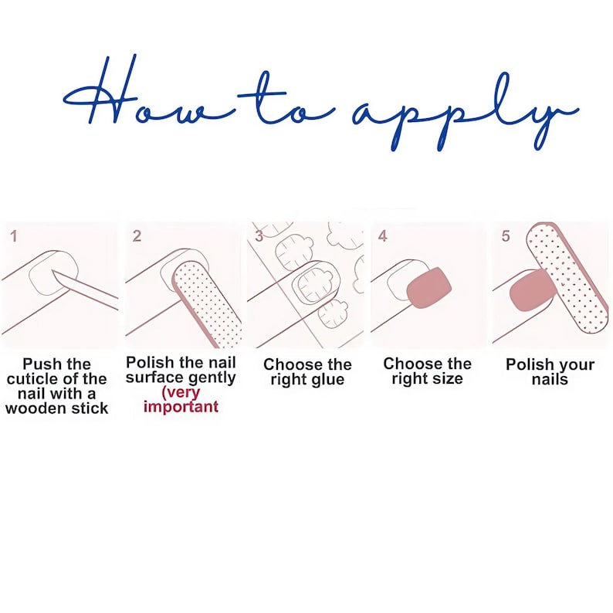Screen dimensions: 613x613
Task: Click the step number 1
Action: tap(14, 236)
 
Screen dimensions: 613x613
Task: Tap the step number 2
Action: tap(137, 236)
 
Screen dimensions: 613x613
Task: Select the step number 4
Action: tap(382, 236)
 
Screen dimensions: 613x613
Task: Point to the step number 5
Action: tap(506, 236)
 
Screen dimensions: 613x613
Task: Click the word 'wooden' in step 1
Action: tap(32, 408)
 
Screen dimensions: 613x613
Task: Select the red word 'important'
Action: tap(181, 407)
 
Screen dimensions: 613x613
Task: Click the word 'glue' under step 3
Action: tap(327, 380)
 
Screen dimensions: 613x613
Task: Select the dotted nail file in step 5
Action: tap(567, 279)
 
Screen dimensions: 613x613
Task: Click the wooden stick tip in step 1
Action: tap(52, 269)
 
